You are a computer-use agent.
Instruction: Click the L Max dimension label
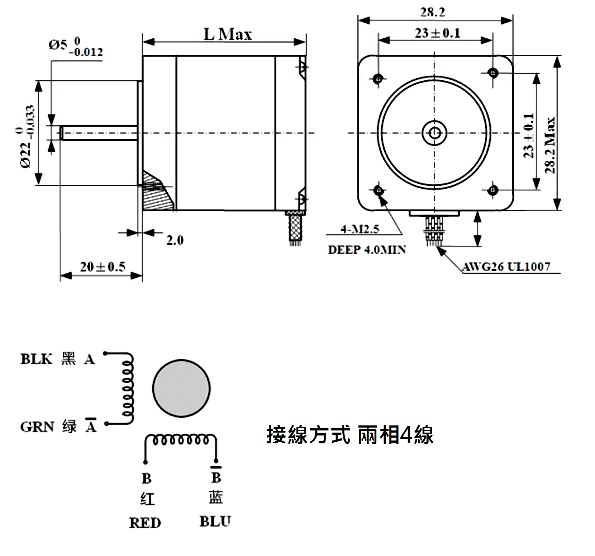click(228, 35)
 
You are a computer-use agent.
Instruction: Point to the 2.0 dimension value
click(175, 240)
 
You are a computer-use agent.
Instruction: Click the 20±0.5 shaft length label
click(103, 267)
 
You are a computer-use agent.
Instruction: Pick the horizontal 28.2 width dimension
click(433, 12)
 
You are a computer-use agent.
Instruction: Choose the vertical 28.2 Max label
click(550, 145)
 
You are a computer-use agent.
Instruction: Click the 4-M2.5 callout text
click(360, 228)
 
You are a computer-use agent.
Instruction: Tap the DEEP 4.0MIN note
click(367, 250)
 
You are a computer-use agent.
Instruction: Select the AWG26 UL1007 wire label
click(506, 267)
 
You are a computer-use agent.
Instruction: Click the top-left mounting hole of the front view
click(379, 78)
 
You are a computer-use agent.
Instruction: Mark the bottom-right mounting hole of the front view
click(493, 190)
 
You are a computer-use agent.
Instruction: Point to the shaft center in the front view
click(434, 133)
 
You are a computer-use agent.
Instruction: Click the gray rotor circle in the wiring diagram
click(181, 388)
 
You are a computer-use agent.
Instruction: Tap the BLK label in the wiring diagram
click(37, 359)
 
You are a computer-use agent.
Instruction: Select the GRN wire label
click(37, 427)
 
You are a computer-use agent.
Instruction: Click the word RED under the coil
click(145, 523)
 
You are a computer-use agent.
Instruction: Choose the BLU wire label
click(215, 522)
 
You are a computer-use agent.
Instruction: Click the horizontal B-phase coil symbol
click(181, 440)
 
